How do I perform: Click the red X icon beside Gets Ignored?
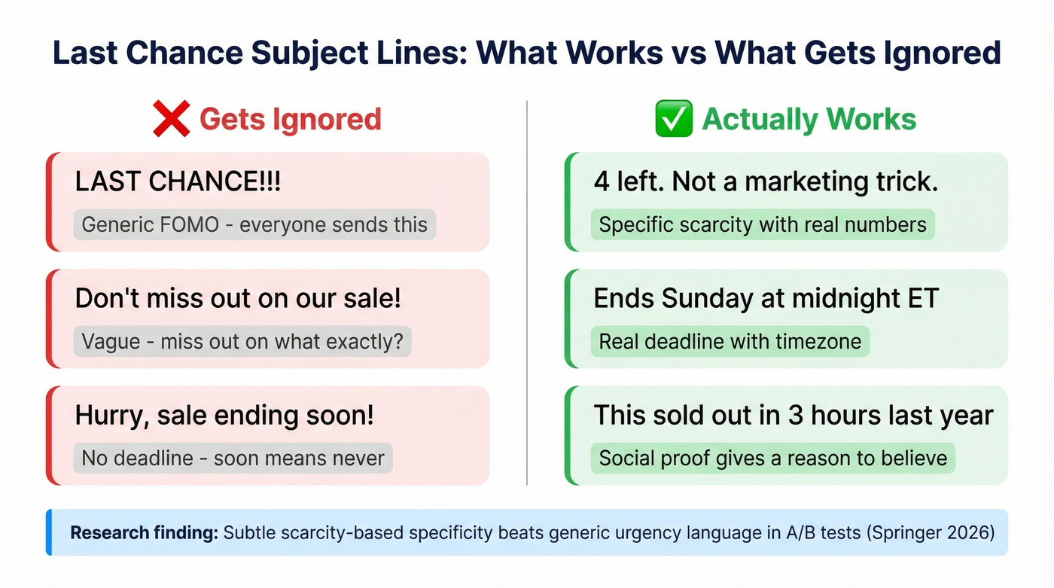(x=171, y=120)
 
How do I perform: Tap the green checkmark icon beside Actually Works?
(x=674, y=120)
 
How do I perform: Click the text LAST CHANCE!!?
(x=178, y=181)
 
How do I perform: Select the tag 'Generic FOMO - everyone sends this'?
(x=254, y=224)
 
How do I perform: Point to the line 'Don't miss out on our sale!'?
(x=238, y=298)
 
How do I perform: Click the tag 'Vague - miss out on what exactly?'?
(x=242, y=341)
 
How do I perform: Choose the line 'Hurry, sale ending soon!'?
(x=224, y=415)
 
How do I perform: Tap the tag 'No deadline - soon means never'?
(x=233, y=458)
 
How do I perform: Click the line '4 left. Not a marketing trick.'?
(x=766, y=181)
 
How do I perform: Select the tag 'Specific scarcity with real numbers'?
(x=763, y=224)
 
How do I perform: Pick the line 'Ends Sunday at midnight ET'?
(x=766, y=298)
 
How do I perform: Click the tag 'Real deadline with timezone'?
(x=730, y=341)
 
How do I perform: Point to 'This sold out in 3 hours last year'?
(x=794, y=415)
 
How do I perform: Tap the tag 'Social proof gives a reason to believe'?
(x=772, y=458)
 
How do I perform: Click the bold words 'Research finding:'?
(x=144, y=533)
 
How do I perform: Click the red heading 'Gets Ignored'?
(x=290, y=120)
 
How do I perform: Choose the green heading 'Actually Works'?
(x=809, y=120)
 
